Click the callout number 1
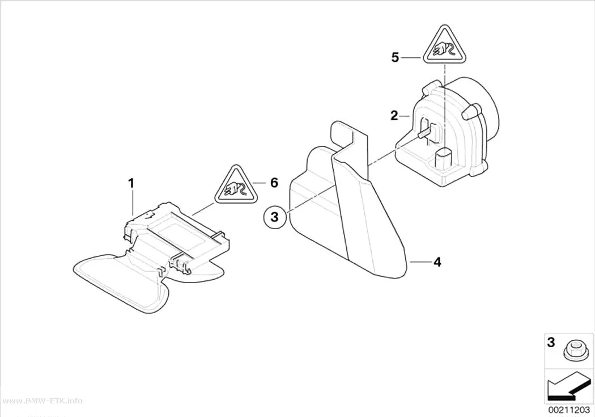131,184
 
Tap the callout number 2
394,115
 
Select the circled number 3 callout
275,217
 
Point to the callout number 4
437,262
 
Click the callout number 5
396,58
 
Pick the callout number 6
274,183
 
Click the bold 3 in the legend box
551,342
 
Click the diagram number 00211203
568,410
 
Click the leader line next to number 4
421,262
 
